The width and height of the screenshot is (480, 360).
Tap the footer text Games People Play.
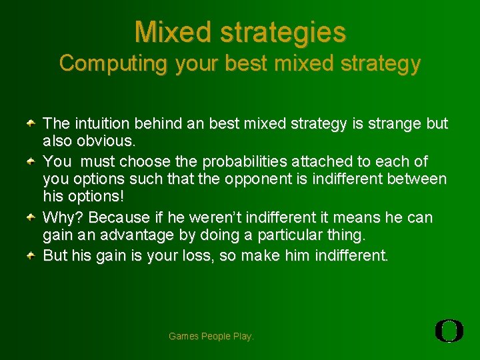211,336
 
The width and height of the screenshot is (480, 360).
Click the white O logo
449,331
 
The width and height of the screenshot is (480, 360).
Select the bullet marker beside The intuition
31,124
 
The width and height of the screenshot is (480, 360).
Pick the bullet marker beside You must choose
31,162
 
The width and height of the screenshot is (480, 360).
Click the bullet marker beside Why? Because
31,218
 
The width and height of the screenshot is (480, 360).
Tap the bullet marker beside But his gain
31,255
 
